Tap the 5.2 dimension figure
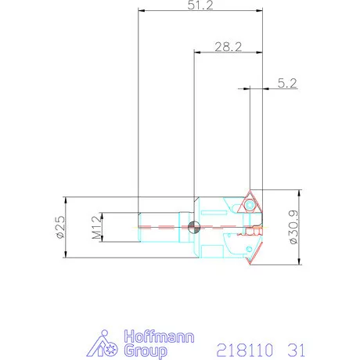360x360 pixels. pos(286,82)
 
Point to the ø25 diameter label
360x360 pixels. pos(59,227)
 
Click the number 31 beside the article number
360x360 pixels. pos(296,347)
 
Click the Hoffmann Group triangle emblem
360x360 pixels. pos(100,345)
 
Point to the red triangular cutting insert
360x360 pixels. pos(250,204)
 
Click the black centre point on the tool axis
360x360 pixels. pos(194,227)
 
